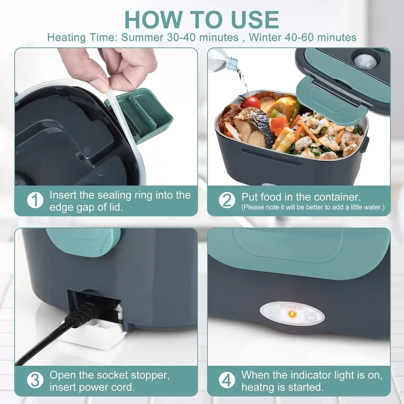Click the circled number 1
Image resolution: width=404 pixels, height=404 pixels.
pos(35,201)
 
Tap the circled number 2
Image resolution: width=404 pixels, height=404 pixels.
pos(227,201)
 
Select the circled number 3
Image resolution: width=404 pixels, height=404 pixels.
pos(35,381)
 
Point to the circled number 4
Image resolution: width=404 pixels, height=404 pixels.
pos(227,381)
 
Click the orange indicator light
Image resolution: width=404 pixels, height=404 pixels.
pos(292,314)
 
